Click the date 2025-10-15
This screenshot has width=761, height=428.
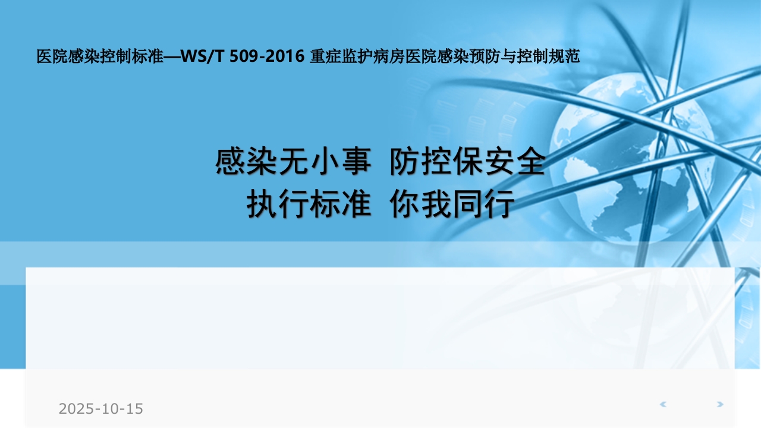tap(101, 409)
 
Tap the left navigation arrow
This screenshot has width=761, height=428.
tap(663, 405)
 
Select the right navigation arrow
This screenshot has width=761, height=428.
tap(719, 405)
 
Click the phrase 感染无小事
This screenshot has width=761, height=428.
tap(293, 162)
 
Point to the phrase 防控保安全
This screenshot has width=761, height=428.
tap(467, 162)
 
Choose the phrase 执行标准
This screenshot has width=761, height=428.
tap(309, 205)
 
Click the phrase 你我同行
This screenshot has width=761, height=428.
tap(452, 205)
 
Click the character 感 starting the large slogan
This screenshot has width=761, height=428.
tap(231, 162)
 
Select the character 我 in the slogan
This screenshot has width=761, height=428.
tap(436, 205)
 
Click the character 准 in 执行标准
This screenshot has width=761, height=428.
tap(356, 205)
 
